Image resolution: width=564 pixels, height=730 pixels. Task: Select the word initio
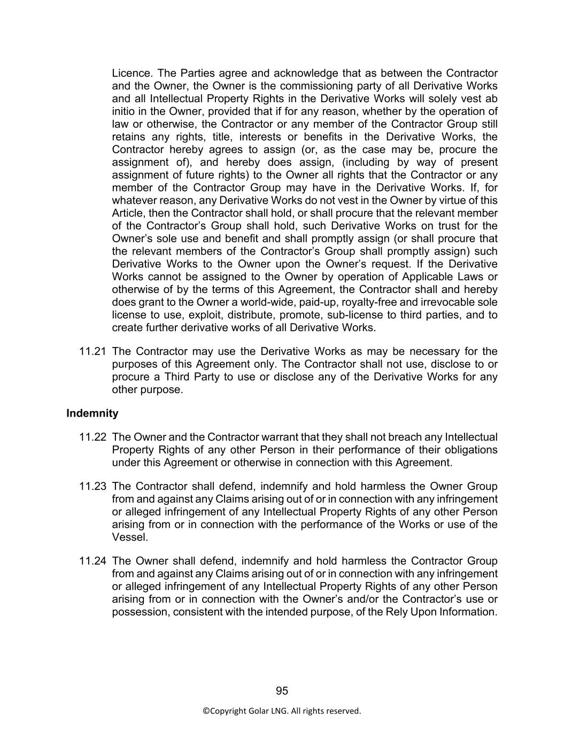coord(124,111)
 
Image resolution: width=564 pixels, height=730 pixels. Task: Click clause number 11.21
coord(92,351)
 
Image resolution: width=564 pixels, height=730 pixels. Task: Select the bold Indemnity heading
coord(92,413)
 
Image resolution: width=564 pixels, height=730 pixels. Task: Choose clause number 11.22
coord(92,437)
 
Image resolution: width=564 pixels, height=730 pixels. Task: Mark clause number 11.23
coord(92,486)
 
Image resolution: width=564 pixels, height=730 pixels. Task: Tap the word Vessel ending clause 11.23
coord(129,537)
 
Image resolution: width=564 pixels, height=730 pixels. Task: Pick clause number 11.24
coord(92,561)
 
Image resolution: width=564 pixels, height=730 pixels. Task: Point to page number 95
coord(282,691)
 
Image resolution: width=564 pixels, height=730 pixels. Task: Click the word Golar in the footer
coord(259,711)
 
